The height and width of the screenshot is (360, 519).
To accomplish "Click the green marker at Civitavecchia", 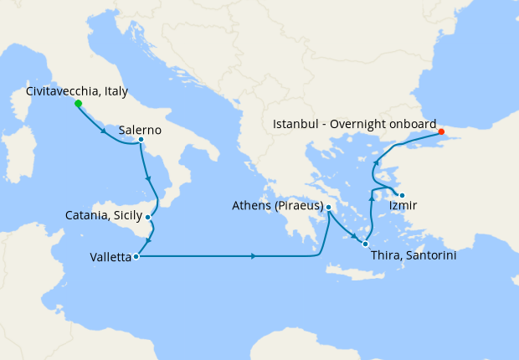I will click(x=78, y=104).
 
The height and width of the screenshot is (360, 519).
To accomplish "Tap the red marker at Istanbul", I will click(x=441, y=131).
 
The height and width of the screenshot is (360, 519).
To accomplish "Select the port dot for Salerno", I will click(x=141, y=140).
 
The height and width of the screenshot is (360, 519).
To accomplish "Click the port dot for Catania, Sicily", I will click(x=148, y=217).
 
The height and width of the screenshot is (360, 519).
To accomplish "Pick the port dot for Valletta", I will click(x=136, y=256).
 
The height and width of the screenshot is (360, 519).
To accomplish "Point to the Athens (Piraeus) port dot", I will click(x=329, y=208).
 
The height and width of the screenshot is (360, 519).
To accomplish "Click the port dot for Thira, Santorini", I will click(x=365, y=244).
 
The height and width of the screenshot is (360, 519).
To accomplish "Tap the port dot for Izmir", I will click(x=402, y=196).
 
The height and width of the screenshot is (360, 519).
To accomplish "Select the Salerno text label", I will click(x=140, y=131).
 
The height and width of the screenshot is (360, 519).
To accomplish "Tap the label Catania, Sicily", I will click(x=104, y=215).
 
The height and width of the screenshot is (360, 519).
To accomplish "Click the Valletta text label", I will click(x=110, y=258).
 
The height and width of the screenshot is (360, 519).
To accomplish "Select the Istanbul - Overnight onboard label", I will click(x=354, y=123).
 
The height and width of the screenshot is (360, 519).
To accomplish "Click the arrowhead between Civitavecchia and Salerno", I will click(x=104, y=131).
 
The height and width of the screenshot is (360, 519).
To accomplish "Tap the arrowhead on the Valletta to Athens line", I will click(x=253, y=256).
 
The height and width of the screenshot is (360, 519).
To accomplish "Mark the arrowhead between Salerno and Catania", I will click(x=147, y=179).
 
